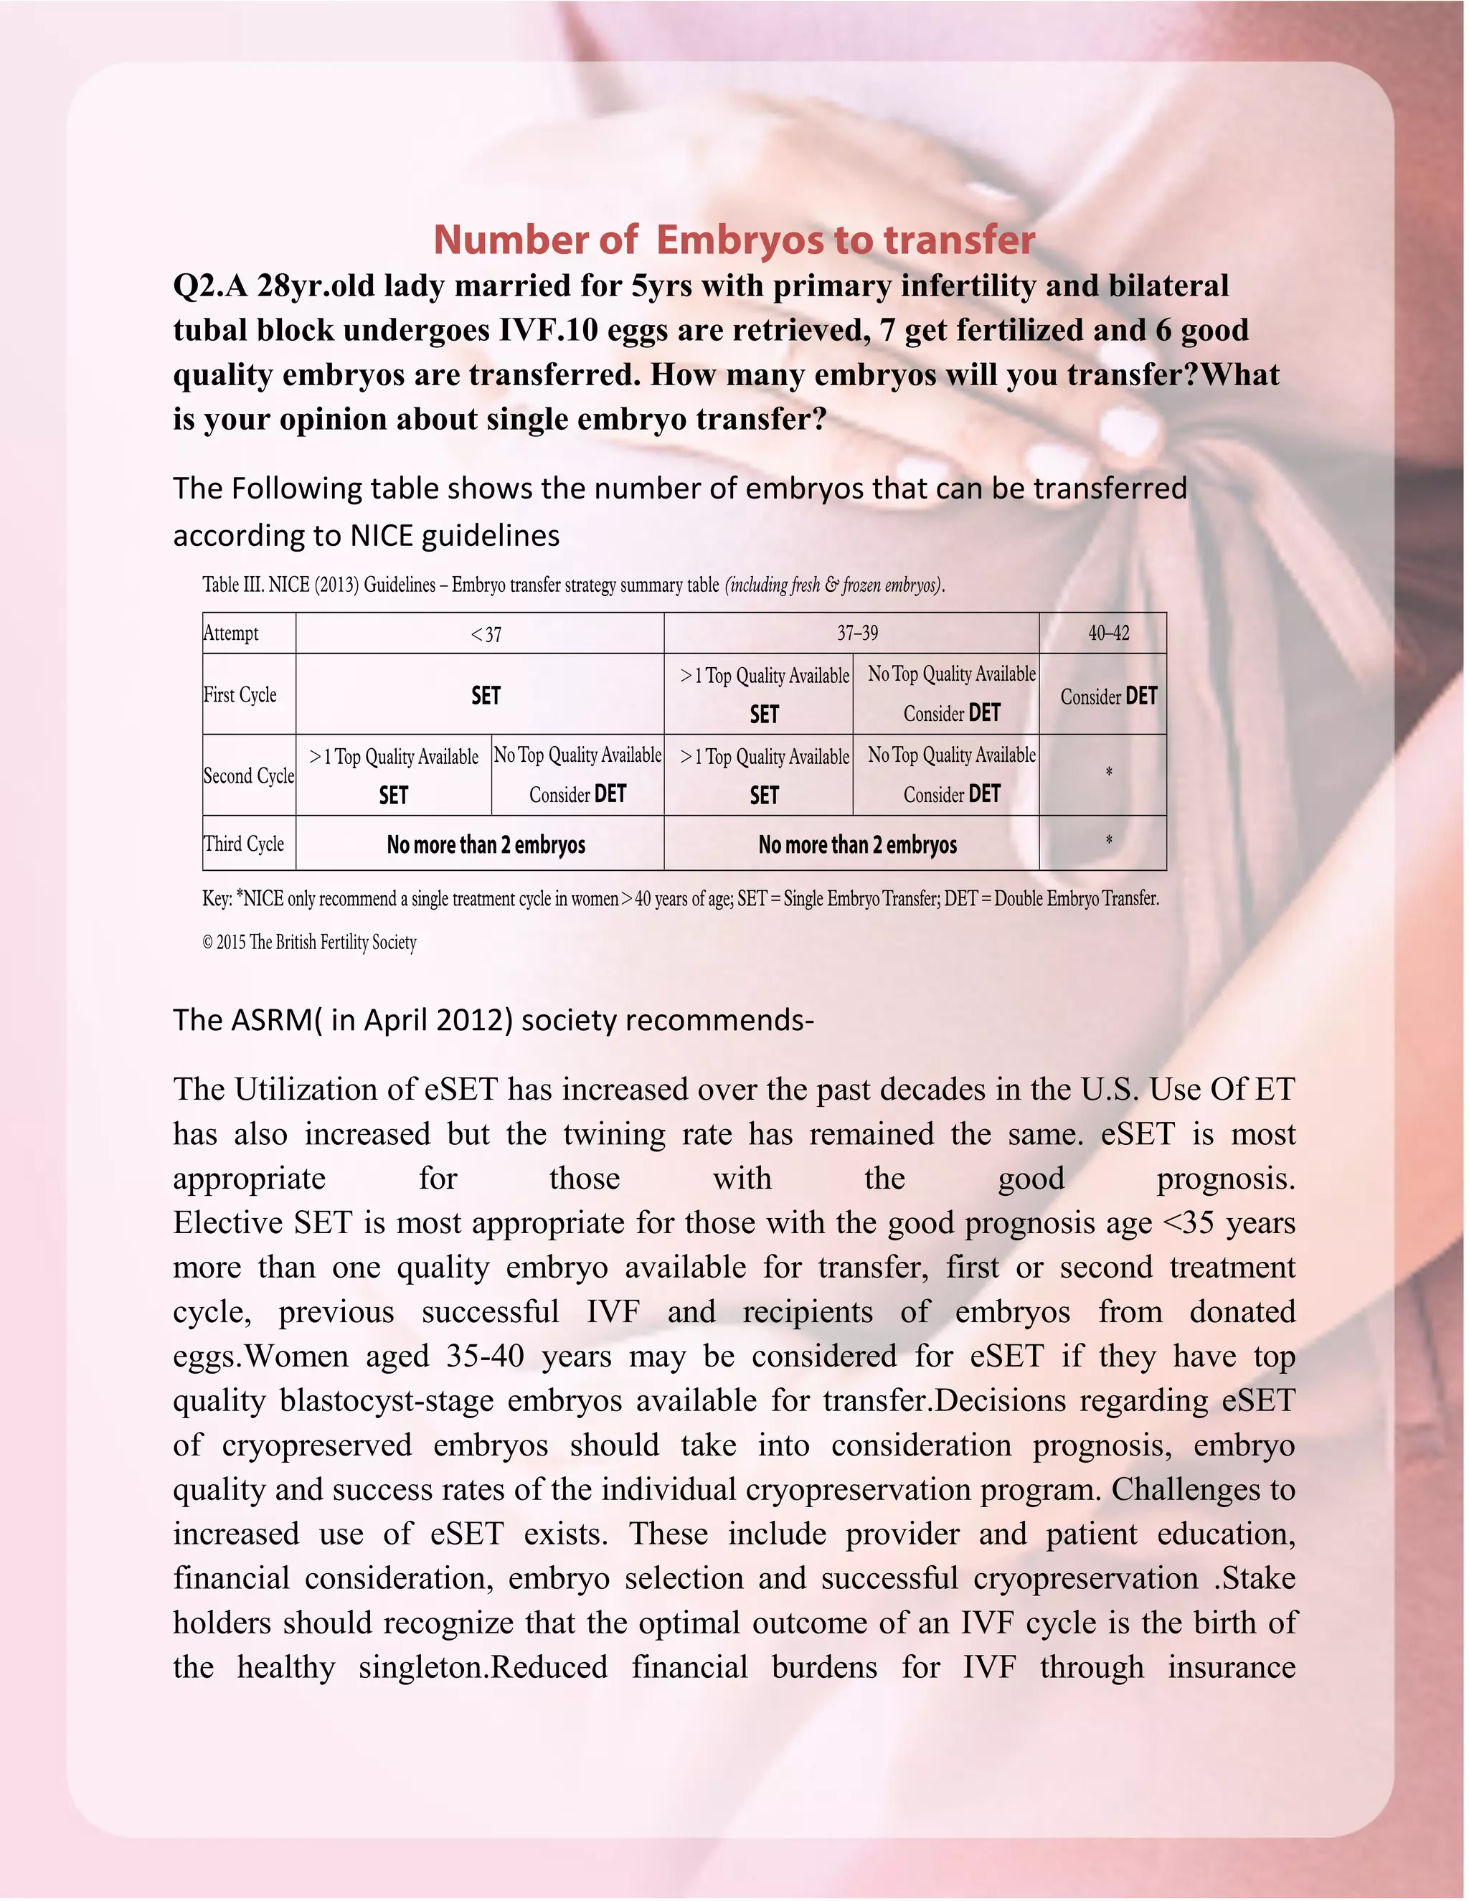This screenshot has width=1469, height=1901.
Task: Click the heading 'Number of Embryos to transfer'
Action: pyautogui.click(x=734, y=240)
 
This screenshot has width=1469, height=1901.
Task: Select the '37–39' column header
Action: pyautogui.click(x=857, y=633)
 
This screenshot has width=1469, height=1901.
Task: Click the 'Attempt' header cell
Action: pyautogui.click(x=232, y=633)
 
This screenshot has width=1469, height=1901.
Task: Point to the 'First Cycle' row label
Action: pyautogui.click(x=240, y=694)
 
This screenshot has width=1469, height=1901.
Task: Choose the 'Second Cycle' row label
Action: pyautogui.click(x=249, y=775)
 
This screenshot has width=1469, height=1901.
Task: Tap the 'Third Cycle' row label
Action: pyautogui.click(x=244, y=844)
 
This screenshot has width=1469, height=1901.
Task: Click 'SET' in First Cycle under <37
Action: pyautogui.click(x=486, y=695)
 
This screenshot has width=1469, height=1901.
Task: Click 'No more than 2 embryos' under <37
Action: pyautogui.click(x=486, y=844)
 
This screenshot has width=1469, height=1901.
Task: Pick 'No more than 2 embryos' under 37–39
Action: pyautogui.click(x=857, y=844)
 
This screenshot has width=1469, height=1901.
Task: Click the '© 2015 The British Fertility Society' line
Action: pyautogui.click(x=310, y=942)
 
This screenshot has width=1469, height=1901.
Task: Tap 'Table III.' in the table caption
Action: pyautogui.click(x=233, y=584)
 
